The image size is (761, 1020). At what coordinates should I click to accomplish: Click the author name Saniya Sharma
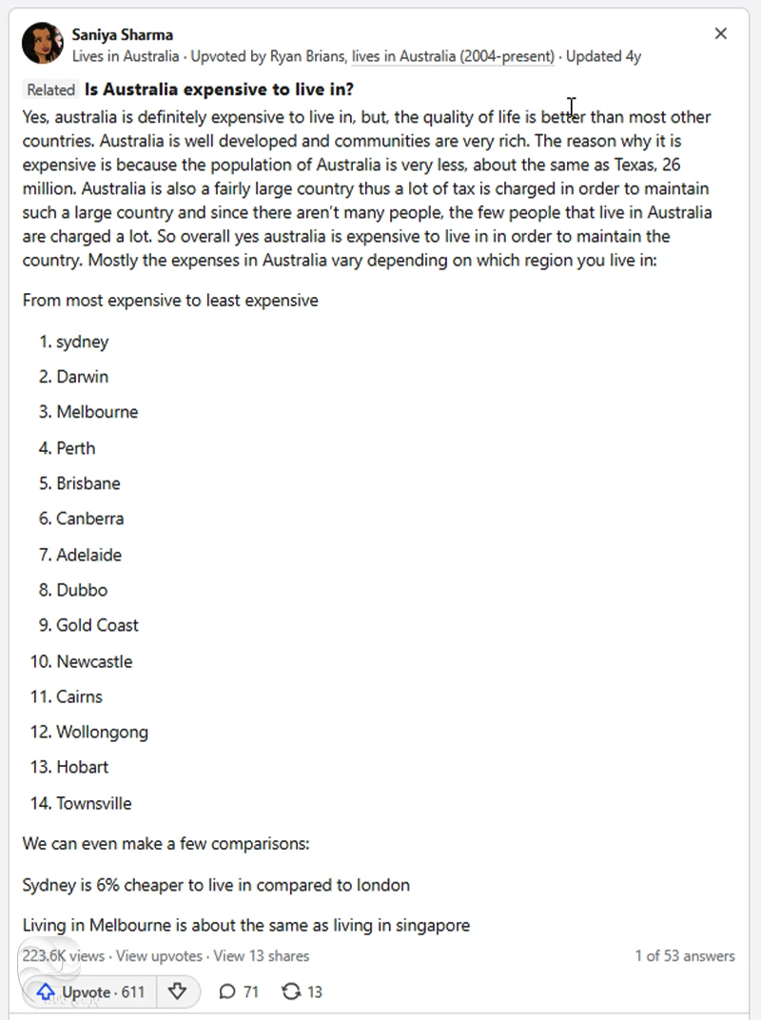coord(122,35)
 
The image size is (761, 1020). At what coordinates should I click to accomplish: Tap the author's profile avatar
coord(42,44)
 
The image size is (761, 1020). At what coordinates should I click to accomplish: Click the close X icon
coord(720,34)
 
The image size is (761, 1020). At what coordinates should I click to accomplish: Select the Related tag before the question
coord(50,90)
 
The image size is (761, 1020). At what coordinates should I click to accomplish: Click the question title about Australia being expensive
coord(219,90)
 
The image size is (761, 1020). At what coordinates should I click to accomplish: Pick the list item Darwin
coord(82,377)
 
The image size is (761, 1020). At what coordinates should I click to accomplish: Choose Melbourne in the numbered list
coord(96,412)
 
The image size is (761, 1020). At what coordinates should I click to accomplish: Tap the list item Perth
coord(75,448)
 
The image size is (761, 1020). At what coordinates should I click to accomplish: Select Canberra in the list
coord(89,519)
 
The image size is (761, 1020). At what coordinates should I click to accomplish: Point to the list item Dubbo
coord(82,590)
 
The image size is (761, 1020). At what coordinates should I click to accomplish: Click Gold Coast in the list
coord(97,625)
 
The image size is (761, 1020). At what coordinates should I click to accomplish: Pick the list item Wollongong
coord(102,732)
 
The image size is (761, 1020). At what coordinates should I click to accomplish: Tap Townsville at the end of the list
coord(93,803)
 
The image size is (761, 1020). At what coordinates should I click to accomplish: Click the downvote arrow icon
coord(177,991)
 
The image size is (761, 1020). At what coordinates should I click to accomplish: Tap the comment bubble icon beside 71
coord(226,991)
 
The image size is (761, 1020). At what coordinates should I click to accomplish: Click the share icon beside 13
coord(291,991)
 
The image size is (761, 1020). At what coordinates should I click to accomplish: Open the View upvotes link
coord(159,955)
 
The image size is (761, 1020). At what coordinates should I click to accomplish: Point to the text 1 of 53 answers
coord(685,955)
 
